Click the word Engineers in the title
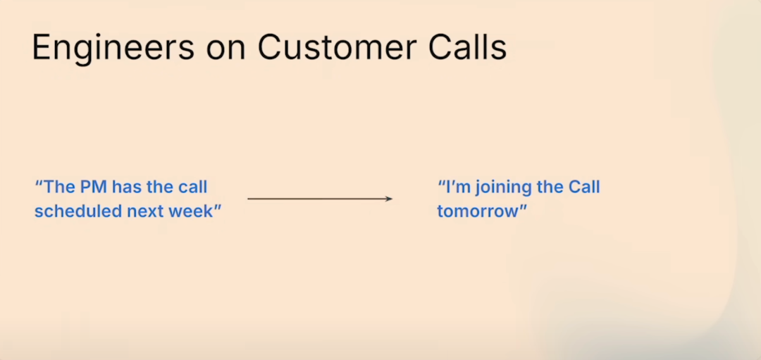(113, 48)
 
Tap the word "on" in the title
(226, 50)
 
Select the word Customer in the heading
(337, 48)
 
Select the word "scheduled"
(78, 211)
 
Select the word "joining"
(501, 189)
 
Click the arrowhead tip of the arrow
(392, 199)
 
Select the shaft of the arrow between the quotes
(320, 199)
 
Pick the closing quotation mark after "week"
(218, 207)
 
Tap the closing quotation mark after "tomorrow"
(523, 207)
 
